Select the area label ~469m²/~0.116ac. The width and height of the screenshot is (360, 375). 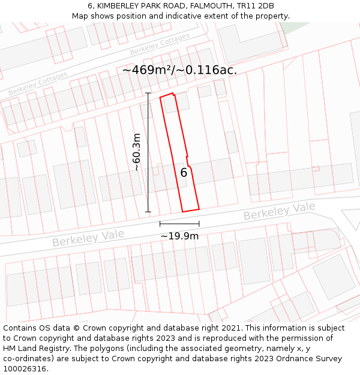tap(179, 70)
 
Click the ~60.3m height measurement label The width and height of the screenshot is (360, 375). tap(137, 152)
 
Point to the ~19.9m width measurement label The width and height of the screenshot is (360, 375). tap(179, 236)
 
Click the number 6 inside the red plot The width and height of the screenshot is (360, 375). tap(184, 173)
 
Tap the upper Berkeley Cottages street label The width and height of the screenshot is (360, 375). tap(160, 44)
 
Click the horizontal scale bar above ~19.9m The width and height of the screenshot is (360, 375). tap(179, 224)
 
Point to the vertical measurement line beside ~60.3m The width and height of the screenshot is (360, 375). tap(148, 152)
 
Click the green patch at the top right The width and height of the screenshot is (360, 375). tap(294, 27)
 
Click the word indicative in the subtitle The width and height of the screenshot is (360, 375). tap(204, 16)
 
